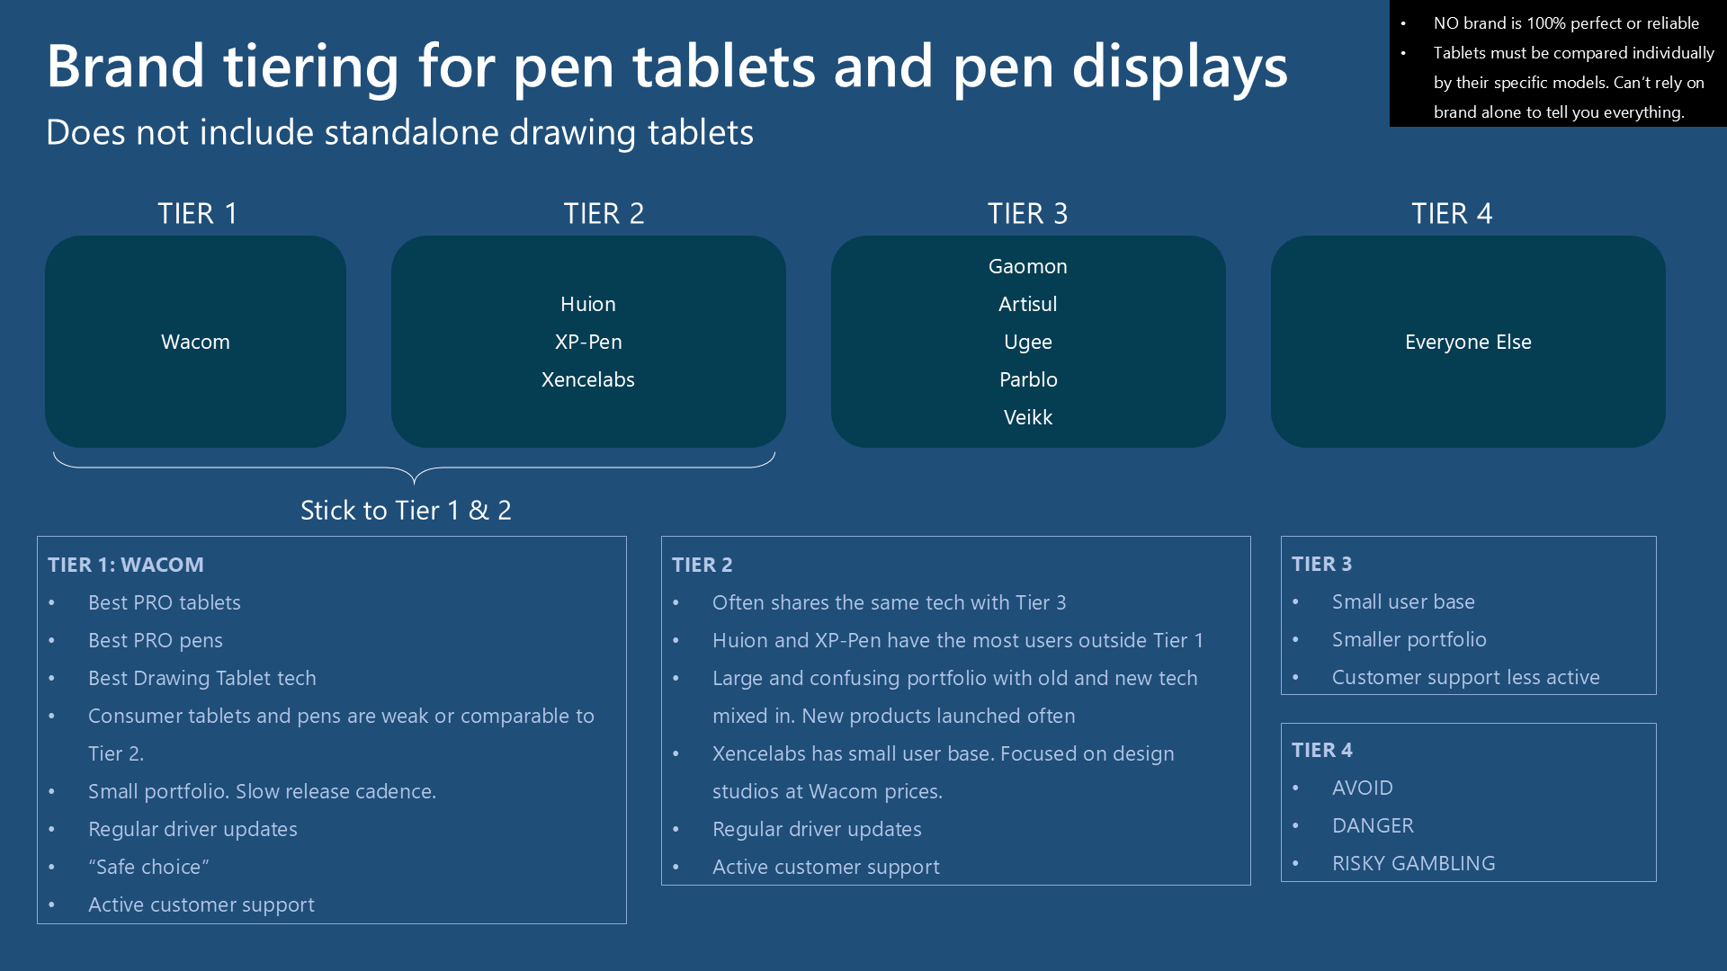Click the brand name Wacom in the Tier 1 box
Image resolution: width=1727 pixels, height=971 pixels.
(x=195, y=342)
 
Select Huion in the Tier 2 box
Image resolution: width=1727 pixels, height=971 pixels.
(x=588, y=304)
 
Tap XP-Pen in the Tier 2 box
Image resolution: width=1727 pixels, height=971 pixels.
(x=588, y=342)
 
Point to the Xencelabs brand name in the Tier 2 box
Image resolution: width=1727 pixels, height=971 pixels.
(x=588, y=379)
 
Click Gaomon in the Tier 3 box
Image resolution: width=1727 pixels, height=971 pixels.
(x=1028, y=266)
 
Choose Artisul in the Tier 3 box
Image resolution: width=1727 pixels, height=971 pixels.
(x=1028, y=304)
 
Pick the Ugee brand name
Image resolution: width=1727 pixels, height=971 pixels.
(x=1028, y=343)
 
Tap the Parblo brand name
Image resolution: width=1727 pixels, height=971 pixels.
(x=1028, y=379)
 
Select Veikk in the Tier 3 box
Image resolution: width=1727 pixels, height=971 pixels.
(x=1028, y=417)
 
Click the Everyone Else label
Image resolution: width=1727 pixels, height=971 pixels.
(x=1468, y=342)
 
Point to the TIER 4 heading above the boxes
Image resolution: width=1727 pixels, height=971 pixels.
(x=1452, y=214)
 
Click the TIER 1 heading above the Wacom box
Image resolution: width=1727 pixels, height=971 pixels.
(x=198, y=214)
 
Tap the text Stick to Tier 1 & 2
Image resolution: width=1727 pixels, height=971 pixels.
(x=406, y=511)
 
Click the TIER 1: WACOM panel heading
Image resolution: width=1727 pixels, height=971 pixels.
(x=126, y=565)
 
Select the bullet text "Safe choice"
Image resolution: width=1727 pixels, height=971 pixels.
(x=148, y=867)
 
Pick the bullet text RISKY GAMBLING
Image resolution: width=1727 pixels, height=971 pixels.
(x=1414, y=863)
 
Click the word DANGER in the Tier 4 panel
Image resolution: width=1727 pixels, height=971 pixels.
(x=1373, y=825)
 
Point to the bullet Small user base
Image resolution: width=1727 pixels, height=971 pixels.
(x=1403, y=601)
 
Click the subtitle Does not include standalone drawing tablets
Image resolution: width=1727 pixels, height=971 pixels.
(x=399, y=133)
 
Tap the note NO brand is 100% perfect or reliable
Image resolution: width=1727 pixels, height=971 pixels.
(x=1566, y=23)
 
